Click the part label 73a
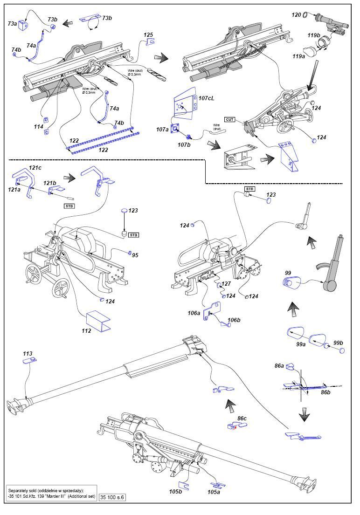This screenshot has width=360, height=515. (12, 24)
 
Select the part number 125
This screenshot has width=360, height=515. (148, 35)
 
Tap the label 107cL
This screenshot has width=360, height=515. (207, 98)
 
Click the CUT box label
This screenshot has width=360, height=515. (229, 120)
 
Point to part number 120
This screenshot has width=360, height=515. (296, 15)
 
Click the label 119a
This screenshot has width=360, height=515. (299, 56)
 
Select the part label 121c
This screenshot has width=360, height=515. (35, 168)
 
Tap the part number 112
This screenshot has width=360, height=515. (86, 331)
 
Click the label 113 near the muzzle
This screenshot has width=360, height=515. (28, 354)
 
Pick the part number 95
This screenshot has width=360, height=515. (135, 255)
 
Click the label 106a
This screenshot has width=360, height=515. (194, 313)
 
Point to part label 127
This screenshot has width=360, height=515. (226, 284)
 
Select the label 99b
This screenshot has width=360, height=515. (338, 343)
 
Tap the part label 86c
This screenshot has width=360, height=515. (242, 418)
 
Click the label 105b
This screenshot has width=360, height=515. (175, 491)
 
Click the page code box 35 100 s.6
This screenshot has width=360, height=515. (112, 497)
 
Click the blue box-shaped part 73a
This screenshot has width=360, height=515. (23, 25)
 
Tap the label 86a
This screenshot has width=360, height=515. (279, 365)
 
